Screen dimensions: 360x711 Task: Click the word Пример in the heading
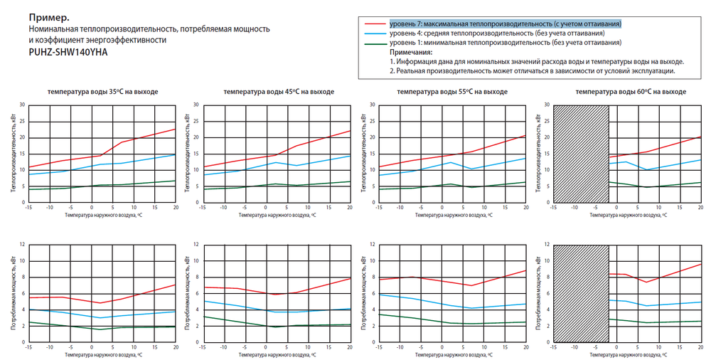(48, 15)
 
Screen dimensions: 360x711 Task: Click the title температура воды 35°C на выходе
(103, 92)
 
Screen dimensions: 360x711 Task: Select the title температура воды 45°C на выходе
(279, 92)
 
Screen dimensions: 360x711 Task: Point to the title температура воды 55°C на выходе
(452, 92)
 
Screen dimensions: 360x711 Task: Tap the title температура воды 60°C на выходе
(631, 92)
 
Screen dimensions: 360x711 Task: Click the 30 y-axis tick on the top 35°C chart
(22, 105)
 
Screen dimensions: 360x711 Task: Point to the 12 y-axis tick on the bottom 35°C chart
(22, 245)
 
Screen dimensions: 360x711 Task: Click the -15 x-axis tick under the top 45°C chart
(203, 208)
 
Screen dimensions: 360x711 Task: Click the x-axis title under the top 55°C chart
(452, 214)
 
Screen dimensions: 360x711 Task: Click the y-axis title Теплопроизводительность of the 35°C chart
(14, 153)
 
